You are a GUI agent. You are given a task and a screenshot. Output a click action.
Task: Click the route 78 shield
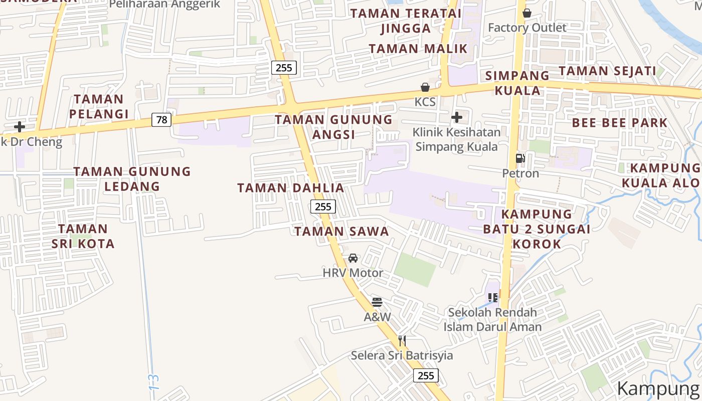pyautogui.click(x=161, y=120)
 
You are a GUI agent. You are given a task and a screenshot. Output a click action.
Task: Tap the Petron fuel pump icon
pyautogui.click(x=520, y=159)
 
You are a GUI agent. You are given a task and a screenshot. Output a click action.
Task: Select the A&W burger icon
pyautogui.click(x=377, y=302)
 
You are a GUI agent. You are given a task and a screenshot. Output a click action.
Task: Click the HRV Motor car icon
pyautogui.click(x=353, y=258)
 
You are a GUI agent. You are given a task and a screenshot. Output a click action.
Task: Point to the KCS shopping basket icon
pyautogui.click(x=425, y=88)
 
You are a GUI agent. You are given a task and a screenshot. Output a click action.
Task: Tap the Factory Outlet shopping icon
pyautogui.click(x=527, y=13)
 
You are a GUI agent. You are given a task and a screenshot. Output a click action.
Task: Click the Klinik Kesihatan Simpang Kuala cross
pyautogui.click(x=457, y=118)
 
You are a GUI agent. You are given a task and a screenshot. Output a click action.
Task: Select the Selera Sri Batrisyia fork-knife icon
pyautogui.click(x=402, y=341)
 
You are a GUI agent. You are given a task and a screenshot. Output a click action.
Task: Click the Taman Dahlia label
pyautogui.click(x=291, y=188)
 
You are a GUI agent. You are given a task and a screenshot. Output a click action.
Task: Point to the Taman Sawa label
pyautogui.click(x=341, y=231)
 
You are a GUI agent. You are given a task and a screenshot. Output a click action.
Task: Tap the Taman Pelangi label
pyautogui.click(x=99, y=106)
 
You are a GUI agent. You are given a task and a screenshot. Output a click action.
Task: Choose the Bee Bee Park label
pyautogui.click(x=620, y=123)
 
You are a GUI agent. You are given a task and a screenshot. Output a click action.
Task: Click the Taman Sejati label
pyautogui.click(x=607, y=71)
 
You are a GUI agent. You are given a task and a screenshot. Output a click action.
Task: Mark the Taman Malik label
pyautogui.click(x=418, y=49)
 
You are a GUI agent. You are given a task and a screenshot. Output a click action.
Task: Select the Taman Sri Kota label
pyautogui.click(x=83, y=236)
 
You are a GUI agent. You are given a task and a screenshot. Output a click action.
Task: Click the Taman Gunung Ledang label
pyautogui.click(x=132, y=178)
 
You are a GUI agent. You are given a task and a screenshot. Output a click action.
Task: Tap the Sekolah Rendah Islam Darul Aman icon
pyautogui.click(x=493, y=298)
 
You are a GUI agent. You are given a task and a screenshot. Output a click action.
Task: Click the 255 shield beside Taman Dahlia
pyautogui.click(x=323, y=206)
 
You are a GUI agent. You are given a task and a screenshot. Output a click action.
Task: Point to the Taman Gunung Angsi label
pyautogui.click(x=334, y=127)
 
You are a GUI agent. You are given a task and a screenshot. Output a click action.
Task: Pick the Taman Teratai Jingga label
pyautogui.click(x=406, y=21)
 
